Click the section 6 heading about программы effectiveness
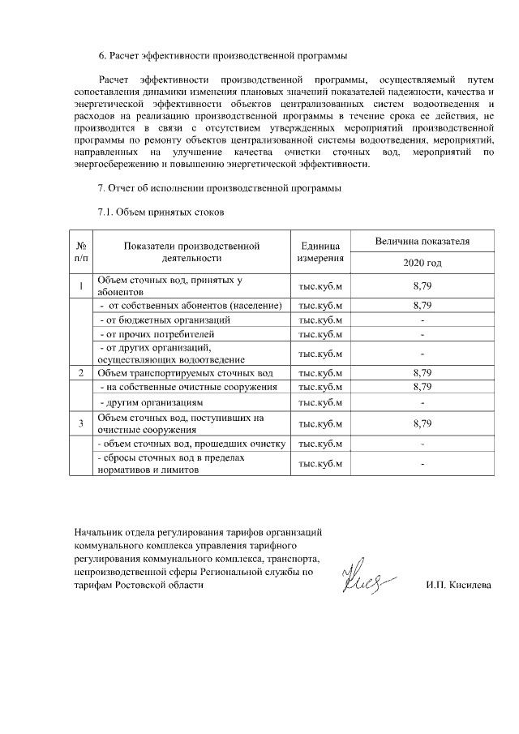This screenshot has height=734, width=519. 222,56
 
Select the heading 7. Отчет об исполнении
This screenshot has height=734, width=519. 219,189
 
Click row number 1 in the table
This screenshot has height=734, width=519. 81,285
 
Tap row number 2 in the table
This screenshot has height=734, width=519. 81,372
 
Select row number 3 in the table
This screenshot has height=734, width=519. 81,423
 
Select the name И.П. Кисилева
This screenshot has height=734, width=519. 458,585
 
